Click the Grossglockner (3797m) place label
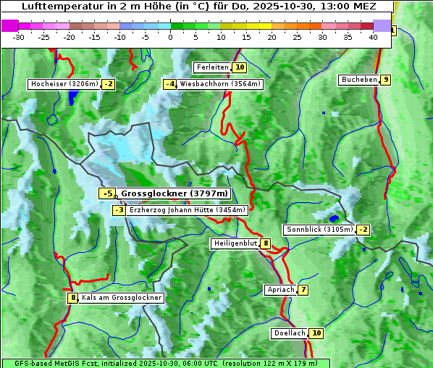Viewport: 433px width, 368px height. click(174, 193)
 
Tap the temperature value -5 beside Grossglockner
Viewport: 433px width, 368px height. click(107, 193)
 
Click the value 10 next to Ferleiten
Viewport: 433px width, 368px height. click(240, 67)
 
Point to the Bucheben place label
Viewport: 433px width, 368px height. click(359, 80)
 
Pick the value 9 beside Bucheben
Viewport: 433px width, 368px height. click(386, 80)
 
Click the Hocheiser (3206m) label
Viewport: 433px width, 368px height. click(64, 84)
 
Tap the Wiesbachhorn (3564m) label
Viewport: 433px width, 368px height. click(220, 84)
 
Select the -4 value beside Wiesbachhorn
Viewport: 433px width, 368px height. click(170, 84)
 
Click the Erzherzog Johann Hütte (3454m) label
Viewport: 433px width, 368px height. click(188, 210)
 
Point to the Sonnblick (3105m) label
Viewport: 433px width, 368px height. click(319, 230)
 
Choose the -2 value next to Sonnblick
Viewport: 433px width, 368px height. click(363, 230)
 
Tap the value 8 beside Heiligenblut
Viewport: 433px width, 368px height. click(266, 243)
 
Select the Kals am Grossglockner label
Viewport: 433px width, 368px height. click(121, 298)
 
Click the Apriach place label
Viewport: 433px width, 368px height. click(281, 290)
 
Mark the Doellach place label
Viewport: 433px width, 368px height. click(289, 333)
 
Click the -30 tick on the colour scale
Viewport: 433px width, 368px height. click(19, 37)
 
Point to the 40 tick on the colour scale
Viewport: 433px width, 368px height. click(373, 37)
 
